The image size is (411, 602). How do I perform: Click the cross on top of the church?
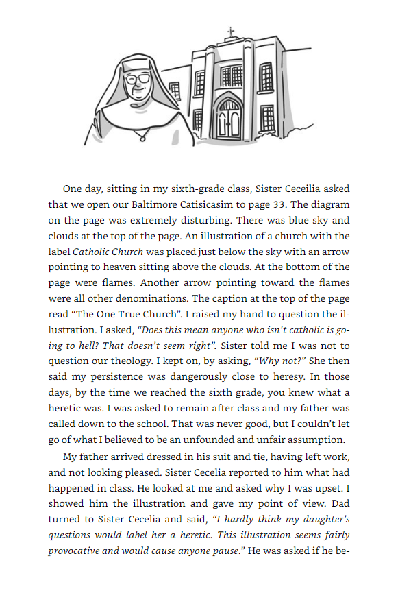(230, 32)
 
